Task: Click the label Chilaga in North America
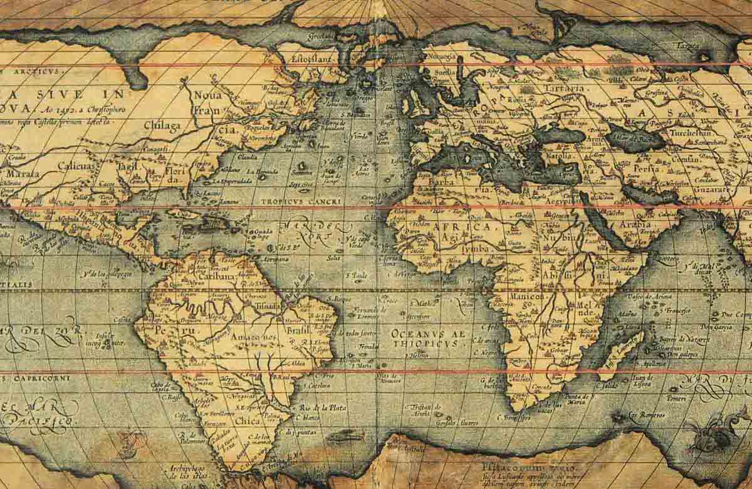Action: point(162,125)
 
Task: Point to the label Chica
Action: point(248,421)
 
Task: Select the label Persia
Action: point(645,169)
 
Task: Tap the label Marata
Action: point(22,173)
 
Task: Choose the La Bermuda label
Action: point(261,171)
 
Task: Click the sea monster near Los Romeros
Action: point(714,433)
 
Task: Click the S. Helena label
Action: point(418,355)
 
